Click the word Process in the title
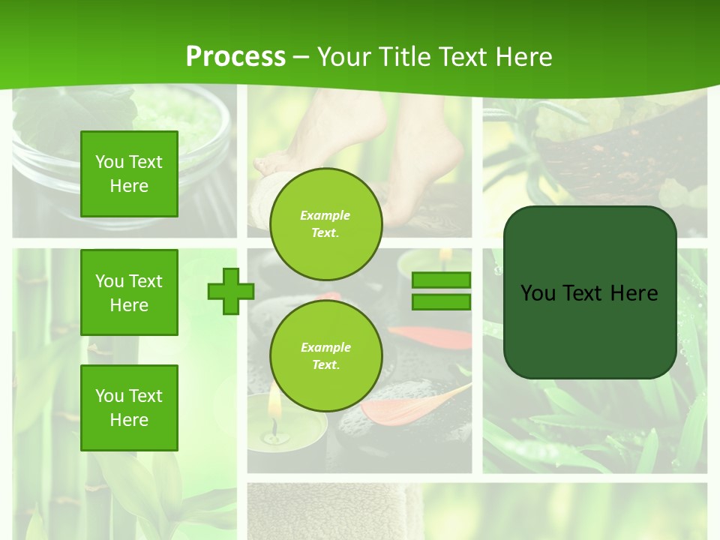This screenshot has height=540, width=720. (x=235, y=57)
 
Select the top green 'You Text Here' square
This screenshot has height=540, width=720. (x=129, y=174)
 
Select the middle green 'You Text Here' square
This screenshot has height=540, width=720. (x=129, y=292)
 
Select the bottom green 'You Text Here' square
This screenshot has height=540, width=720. (x=129, y=407)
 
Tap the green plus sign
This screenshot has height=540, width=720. (x=231, y=291)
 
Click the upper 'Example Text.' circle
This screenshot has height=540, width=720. (x=325, y=223)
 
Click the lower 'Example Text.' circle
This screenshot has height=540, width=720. (x=325, y=355)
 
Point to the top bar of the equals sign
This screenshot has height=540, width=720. (x=441, y=280)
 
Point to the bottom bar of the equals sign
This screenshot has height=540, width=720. (x=441, y=301)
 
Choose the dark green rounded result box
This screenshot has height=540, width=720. (x=589, y=292)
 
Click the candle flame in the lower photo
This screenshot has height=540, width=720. (x=274, y=409)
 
